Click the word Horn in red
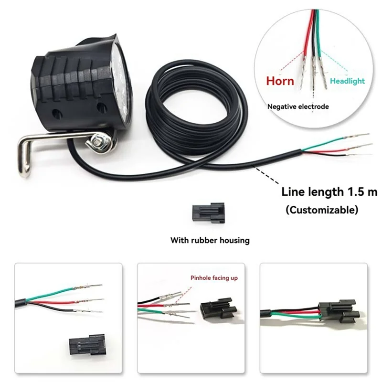coord(280,81)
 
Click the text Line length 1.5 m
coord(329,192)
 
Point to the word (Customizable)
coord(321,210)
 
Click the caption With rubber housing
coord(210,240)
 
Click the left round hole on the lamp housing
coord(57,114)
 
